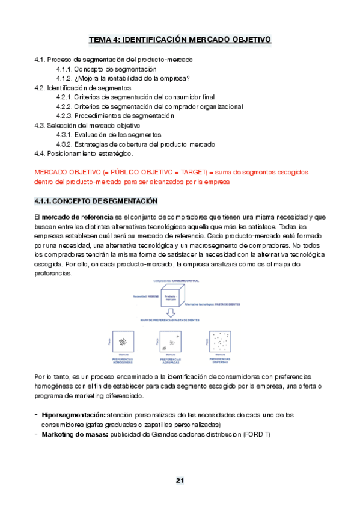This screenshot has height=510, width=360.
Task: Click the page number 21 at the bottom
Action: pyautogui.click(x=180, y=480)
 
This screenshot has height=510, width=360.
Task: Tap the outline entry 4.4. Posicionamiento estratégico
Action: pyautogui.click(x=84, y=153)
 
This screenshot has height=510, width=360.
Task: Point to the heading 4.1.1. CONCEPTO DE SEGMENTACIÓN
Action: pyautogui.click(x=96, y=200)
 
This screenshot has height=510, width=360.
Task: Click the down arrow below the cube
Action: pyautogui.click(x=171, y=313)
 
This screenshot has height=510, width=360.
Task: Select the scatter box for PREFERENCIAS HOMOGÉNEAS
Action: pyautogui.click(x=124, y=342)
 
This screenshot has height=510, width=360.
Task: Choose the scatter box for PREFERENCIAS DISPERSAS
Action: pyautogui.click(x=220, y=342)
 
